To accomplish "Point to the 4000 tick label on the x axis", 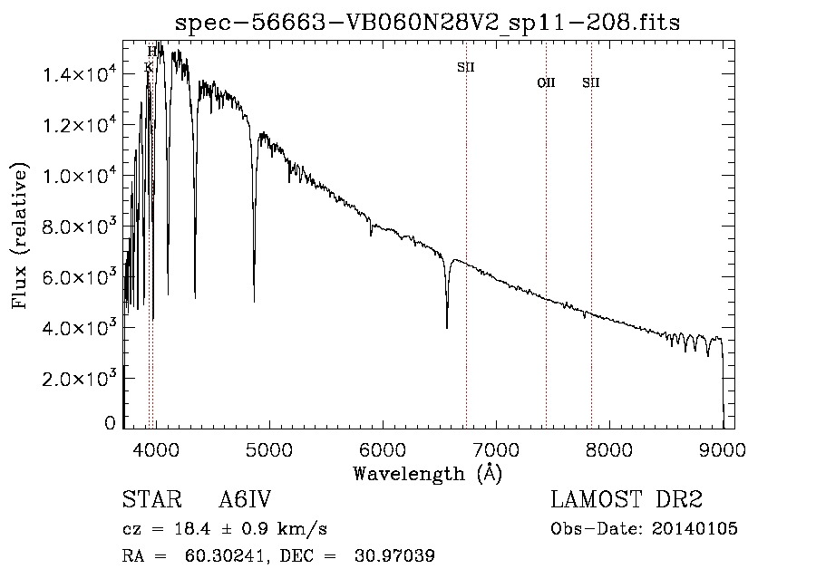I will (155, 448).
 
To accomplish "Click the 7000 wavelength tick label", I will (496, 448).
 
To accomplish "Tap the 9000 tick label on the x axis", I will (723, 448).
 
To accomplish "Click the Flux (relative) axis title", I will (20, 236).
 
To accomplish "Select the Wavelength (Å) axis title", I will (427, 472).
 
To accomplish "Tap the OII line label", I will (546, 83).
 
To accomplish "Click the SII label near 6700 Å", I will (465, 67).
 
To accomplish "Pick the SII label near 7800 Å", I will (591, 83).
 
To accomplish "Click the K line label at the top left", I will (149, 67).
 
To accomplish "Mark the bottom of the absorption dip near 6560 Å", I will (447, 327).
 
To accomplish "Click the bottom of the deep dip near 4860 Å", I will (254, 300).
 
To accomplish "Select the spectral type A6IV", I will (245, 500).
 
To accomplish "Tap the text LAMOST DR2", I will (627, 500).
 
